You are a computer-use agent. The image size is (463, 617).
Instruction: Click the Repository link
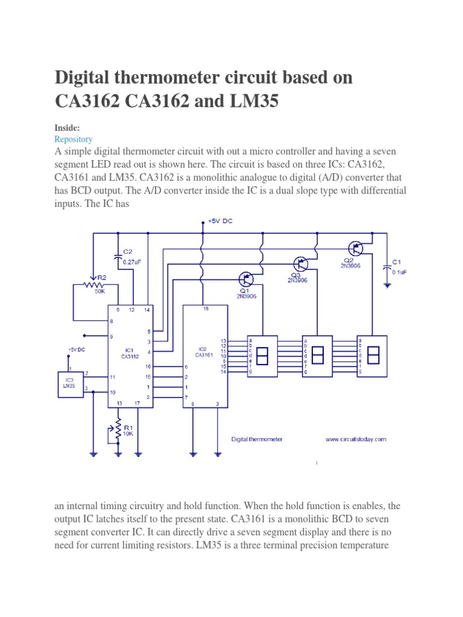73,139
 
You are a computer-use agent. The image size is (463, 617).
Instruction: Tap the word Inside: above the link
66,128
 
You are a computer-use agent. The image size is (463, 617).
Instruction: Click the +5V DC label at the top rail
220,221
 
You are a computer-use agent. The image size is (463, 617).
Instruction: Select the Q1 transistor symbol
247,279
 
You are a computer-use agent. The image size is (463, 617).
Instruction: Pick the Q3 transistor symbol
300,263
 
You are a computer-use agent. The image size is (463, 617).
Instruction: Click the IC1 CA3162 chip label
130,352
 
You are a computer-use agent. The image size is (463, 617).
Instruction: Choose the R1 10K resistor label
128,430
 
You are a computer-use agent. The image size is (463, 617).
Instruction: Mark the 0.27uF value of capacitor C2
133,262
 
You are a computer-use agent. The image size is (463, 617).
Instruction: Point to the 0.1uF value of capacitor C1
400,272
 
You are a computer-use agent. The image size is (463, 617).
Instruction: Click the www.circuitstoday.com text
356,439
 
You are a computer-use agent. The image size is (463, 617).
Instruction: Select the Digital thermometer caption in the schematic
257,439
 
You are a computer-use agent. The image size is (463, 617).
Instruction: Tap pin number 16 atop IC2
206,308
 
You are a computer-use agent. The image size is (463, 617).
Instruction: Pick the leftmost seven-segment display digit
263,356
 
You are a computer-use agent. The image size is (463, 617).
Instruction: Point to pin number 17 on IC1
138,403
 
